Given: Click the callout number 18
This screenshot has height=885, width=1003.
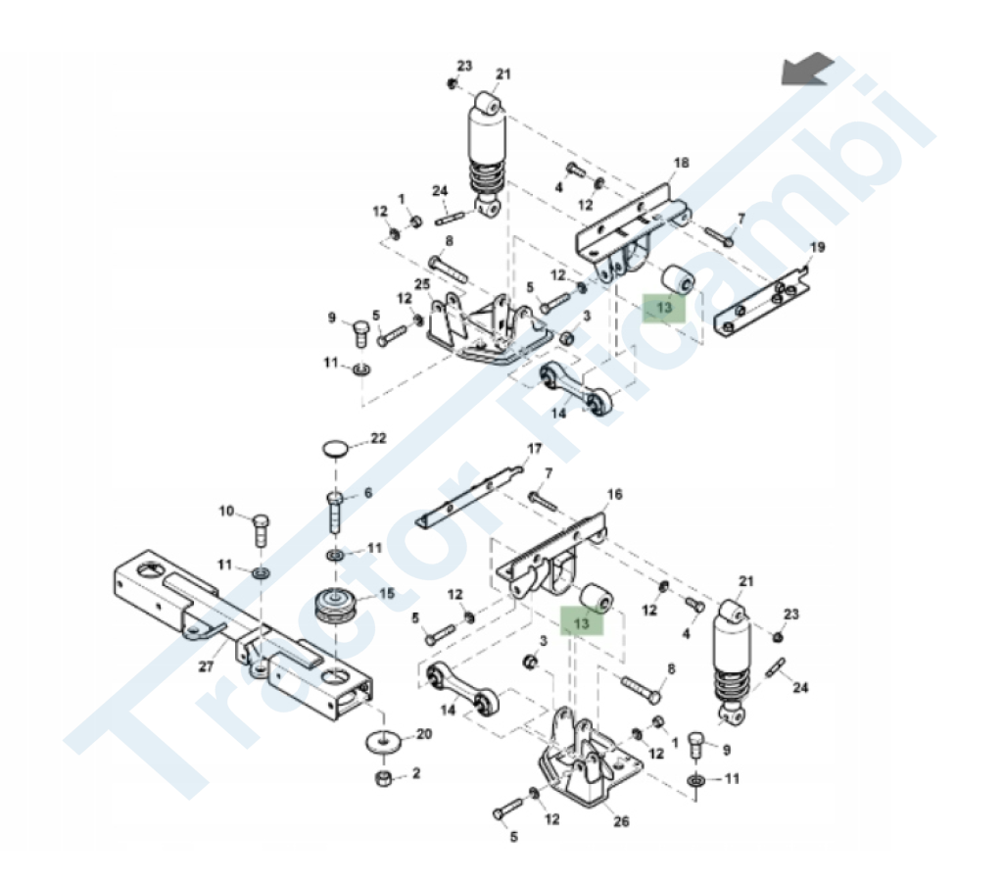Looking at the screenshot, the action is coord(682,163).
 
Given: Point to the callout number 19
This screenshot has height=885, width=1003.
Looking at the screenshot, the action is coord(818,247).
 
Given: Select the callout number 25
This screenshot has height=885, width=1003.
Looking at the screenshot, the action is coord(422,284).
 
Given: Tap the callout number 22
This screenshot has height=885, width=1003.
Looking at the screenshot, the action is coord(379,438).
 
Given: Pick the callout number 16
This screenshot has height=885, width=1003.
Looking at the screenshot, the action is coord(614,494).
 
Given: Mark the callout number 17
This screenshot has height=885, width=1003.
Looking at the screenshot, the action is coord(534,449).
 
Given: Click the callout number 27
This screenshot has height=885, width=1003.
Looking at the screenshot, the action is coord(206,666).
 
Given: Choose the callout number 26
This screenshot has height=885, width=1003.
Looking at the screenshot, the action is coord(621,821).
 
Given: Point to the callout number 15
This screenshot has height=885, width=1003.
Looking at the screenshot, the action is coord(387,594).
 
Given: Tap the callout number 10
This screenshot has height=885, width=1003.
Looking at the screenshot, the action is coord(227,511).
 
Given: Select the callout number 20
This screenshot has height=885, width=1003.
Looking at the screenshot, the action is coord(424,734).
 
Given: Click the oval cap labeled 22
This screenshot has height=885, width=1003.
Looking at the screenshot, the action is coord(337,448).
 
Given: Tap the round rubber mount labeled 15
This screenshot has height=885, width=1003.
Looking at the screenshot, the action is coord(337,606).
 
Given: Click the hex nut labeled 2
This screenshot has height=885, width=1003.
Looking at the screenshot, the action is coord(384,779).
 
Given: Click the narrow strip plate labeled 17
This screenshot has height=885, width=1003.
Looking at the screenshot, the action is coord(469,497).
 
